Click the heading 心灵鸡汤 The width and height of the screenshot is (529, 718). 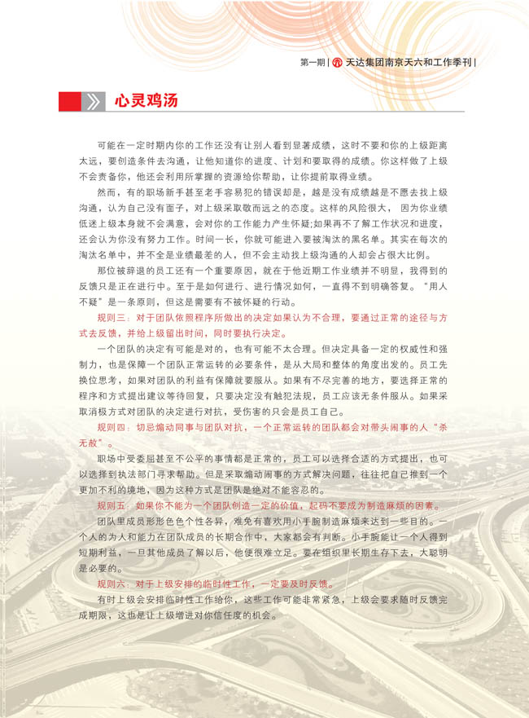(144, 101)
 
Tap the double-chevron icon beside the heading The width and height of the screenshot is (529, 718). (94, 101)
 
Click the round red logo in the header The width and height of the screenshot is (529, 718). (336, 62)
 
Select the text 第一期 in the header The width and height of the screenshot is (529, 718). (312, 62)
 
